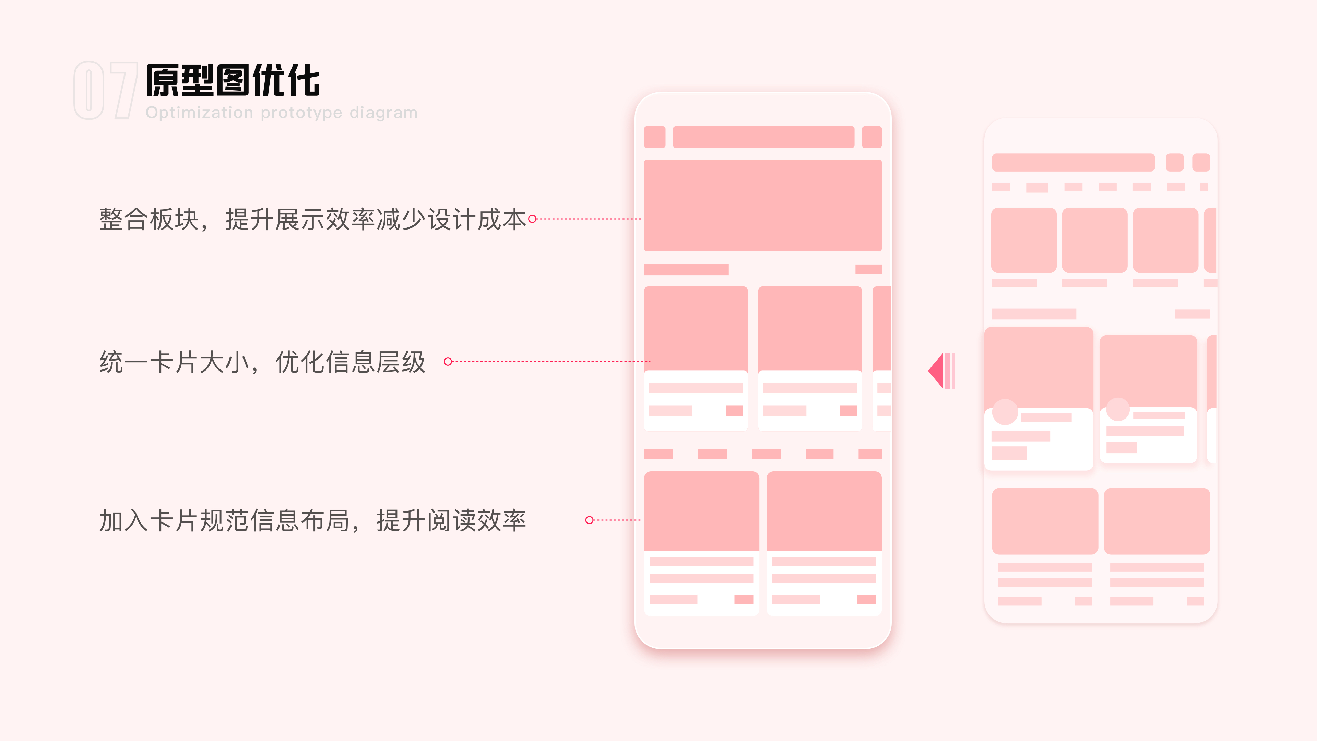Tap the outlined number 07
105,91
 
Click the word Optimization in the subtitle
199,113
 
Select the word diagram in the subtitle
383,113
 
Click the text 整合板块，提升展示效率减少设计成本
312,219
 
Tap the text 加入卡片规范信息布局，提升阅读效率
312,520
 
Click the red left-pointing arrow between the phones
941,371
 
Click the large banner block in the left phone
763,205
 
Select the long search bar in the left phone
763,137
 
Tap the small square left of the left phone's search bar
654,137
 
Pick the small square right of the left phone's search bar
872,137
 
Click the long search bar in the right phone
1073,163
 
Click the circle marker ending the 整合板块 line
532,219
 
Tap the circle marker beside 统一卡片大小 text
448,362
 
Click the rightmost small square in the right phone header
1201,163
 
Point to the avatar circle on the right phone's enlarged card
1005,412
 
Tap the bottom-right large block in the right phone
1157,521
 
